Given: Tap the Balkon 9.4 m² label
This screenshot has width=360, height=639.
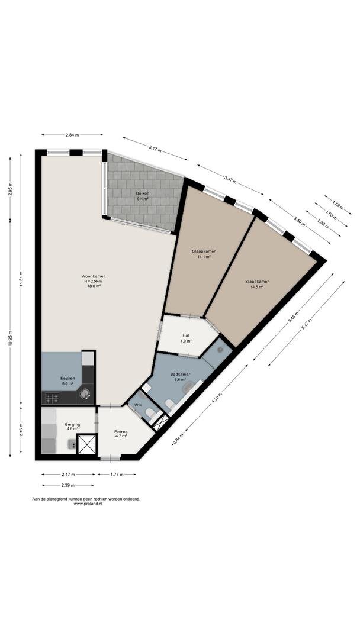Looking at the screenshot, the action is click(x=142, y=196).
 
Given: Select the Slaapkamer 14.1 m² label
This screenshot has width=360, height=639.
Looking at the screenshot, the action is click(x=204, y=254).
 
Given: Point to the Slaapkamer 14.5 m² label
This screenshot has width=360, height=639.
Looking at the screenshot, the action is click(x=257, y=283).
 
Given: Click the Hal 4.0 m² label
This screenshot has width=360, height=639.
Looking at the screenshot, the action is click(x=187, y=338).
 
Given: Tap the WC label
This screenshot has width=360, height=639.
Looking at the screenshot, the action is click(x=138, y=405).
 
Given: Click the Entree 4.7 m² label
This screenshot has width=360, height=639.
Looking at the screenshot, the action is click(x=121, y=434).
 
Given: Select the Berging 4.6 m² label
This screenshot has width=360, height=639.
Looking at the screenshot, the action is click(x=73, y=426).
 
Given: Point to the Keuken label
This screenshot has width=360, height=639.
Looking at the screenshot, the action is click(x=67, y=377).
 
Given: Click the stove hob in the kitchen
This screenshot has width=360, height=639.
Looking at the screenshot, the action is click(x=52, y=398).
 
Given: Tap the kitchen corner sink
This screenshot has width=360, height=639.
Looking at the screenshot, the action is click(x=85, y=393).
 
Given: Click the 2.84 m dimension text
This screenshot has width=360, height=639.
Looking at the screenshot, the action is click(x=72, y=135).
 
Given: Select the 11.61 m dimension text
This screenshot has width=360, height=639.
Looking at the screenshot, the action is click(x=21, y=279).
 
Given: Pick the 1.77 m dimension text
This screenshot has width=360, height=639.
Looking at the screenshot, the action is click(x=117, y=475).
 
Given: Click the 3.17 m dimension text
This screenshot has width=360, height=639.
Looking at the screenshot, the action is click(x=155, y=150).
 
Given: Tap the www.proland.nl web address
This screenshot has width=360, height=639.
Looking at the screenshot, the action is click(x=88, y=504).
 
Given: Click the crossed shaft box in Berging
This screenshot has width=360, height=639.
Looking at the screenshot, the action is click(x=87, y=444).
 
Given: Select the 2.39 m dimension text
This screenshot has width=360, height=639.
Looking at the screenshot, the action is click(x=67, y=485).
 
